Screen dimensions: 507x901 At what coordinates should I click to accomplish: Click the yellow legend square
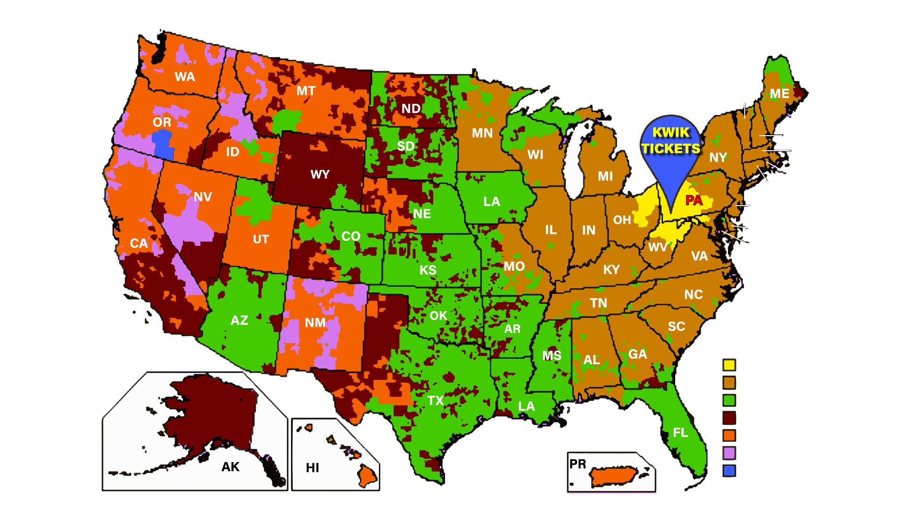pos(729,365)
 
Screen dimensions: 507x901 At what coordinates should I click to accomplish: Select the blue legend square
pos(729,470)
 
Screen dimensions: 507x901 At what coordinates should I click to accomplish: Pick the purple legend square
pos(729,453)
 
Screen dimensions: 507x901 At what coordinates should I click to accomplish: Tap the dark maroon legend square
pos(729,418)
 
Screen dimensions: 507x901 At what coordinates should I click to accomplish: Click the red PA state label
pos(694,200)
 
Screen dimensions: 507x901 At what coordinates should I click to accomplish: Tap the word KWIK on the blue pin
pos(671,132)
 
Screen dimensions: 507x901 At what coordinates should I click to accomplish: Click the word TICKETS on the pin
pos(671,149)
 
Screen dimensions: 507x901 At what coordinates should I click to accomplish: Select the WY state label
pos(320,175)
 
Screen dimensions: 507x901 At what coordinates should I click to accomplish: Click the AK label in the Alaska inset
pos(230,467)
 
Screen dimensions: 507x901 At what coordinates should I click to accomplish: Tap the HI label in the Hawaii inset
pos(313,468)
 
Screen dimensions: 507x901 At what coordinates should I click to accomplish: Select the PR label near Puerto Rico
pos(578,464)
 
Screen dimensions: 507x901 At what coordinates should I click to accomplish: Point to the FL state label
pos(680,432)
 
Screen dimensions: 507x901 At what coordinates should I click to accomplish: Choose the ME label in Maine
pos(779,94)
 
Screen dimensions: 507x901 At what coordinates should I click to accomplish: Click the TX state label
pos(435,400)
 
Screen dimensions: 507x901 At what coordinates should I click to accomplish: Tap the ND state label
pos(411,109)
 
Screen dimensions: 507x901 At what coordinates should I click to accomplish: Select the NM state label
pos(315,323)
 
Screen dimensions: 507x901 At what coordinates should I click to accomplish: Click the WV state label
pos(658,247)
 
